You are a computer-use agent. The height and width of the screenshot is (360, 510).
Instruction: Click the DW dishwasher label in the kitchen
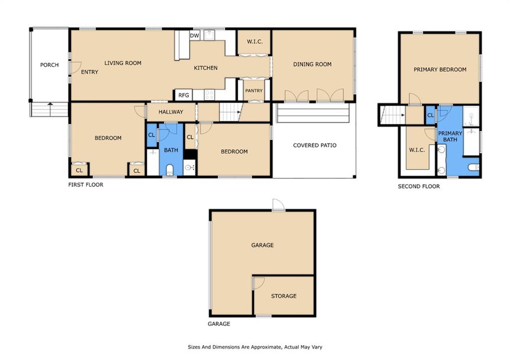click(195, 35)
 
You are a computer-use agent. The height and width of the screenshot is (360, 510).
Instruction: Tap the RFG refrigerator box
click(183, 95)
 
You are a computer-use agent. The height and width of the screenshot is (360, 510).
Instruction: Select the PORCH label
click(49, 65)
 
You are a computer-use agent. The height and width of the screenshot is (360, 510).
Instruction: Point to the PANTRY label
click(254, 91)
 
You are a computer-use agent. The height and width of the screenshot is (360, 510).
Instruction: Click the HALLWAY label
click(171, 112)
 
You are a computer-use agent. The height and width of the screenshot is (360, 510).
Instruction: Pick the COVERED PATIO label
click(315, 145)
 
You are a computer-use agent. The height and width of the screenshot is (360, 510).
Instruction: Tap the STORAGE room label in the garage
click(283, 296)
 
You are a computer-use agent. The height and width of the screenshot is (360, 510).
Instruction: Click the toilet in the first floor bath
click(170, 170)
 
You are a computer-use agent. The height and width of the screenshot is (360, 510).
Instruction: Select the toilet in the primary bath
click(474, 167)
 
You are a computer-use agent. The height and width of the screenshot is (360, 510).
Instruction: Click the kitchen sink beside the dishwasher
click(209, 35)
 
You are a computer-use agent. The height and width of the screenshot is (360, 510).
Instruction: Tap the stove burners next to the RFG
click(209, 95)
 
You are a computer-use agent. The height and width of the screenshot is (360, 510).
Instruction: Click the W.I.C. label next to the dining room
click(255, 41)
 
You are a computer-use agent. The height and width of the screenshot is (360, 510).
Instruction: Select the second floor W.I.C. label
click(417, 150)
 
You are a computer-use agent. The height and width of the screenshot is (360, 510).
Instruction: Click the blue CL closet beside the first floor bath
click(151, 135)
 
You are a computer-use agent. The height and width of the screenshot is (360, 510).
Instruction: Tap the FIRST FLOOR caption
click(86, 185)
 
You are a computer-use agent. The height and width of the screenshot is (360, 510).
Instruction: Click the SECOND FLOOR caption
click(418, 186)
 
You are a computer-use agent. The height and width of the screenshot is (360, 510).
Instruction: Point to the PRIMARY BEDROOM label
click(440, 69)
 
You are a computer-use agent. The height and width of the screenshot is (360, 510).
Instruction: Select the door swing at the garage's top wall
click(278, 205)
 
